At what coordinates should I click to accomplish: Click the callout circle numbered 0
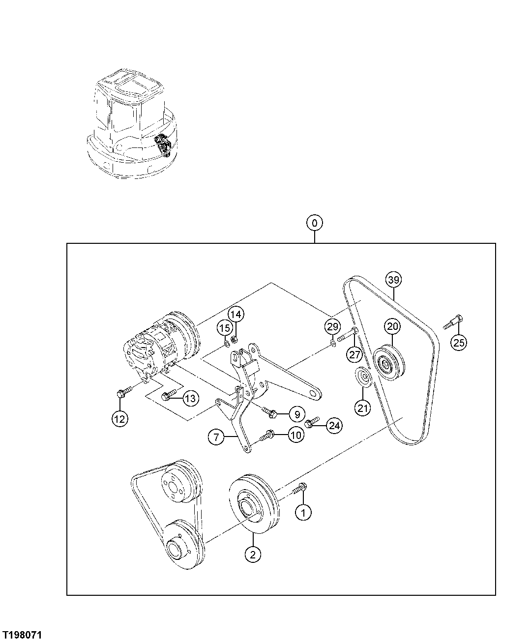314,223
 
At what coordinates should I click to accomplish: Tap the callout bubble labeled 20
393,326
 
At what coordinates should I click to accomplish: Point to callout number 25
458,343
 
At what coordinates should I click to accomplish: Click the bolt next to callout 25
453,321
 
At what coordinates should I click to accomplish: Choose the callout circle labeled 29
332,326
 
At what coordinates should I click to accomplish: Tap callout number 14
236,314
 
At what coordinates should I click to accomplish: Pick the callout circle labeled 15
224,327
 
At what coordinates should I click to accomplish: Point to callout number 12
119,418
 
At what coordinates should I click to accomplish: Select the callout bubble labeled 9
297,414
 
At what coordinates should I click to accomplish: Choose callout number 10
295,435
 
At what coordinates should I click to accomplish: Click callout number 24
334,426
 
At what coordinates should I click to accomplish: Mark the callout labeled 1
303,512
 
